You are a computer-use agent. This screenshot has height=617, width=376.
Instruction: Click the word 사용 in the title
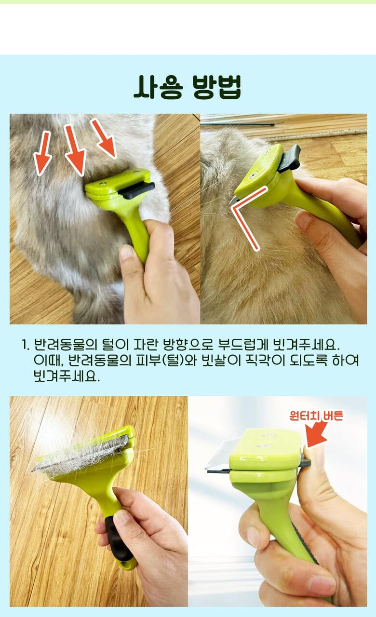click(x=158, y=87)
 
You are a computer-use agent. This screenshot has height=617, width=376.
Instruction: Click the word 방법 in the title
click(x=217, y=87)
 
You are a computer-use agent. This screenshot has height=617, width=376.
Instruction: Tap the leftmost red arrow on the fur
click(x=43, y=153)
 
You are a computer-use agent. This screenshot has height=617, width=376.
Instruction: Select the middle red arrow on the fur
click(x=74, y=149)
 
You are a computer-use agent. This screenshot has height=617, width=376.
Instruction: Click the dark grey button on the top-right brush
click(x=289, y=158)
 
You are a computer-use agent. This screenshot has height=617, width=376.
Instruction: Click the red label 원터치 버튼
click(x=316, y=416)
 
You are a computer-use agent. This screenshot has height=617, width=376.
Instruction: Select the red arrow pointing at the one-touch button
click(x=317, y=434)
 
